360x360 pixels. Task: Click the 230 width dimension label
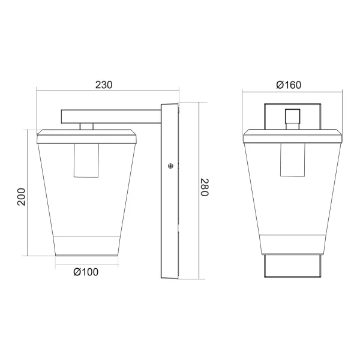click(x=104, y=85)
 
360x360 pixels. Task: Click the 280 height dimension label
click(x=205, y=188)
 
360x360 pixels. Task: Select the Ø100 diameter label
click(x=86, y=272)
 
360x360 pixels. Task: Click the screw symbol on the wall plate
click(x=170, y=166)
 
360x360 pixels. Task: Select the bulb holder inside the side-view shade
click(x=86, y=160)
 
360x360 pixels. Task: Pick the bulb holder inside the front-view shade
click(x=292, y=160)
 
